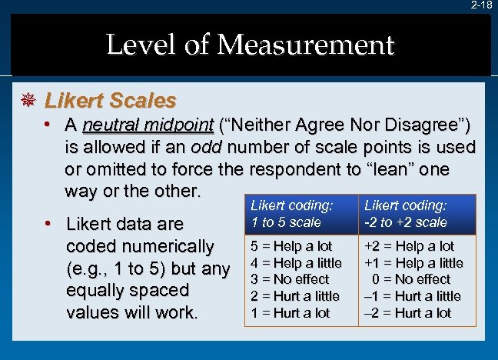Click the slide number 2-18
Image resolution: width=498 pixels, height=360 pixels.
click(x=482, y=5)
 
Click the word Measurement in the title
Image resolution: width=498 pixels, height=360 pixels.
click(x=306, y=45)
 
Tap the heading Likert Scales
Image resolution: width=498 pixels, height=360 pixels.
click(x=111, y=101)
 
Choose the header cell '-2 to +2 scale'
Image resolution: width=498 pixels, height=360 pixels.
click(x=406, y=222)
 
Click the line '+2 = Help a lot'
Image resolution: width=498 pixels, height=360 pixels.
click(x=410, y=246)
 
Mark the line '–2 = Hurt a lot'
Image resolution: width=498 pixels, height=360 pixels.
click(x=408, y=312)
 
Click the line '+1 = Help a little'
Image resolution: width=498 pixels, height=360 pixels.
click(x=413, y=263)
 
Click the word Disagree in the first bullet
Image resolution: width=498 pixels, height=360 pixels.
click(x=421, y=125)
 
